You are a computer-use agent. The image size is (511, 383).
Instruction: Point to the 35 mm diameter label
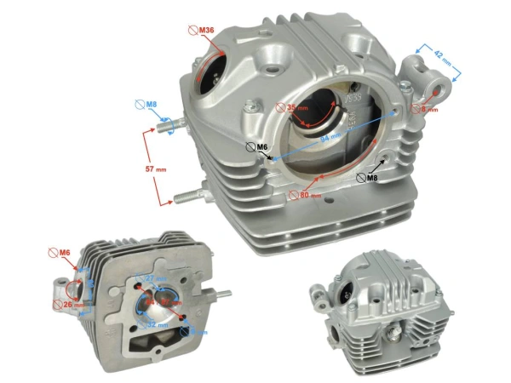[x=295, y=108]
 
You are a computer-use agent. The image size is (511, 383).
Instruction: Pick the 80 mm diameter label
[x=309, y=195]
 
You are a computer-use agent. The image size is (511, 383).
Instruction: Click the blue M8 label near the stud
[x=150, y=105]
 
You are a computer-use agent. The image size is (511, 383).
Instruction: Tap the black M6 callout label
[x=261, y=146]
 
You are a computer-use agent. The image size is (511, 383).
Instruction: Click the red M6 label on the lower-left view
[x=63, y=253]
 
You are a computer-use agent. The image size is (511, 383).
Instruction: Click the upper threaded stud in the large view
[x=167, y=130]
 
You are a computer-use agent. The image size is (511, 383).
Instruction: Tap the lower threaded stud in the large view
[x=189, y=199]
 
